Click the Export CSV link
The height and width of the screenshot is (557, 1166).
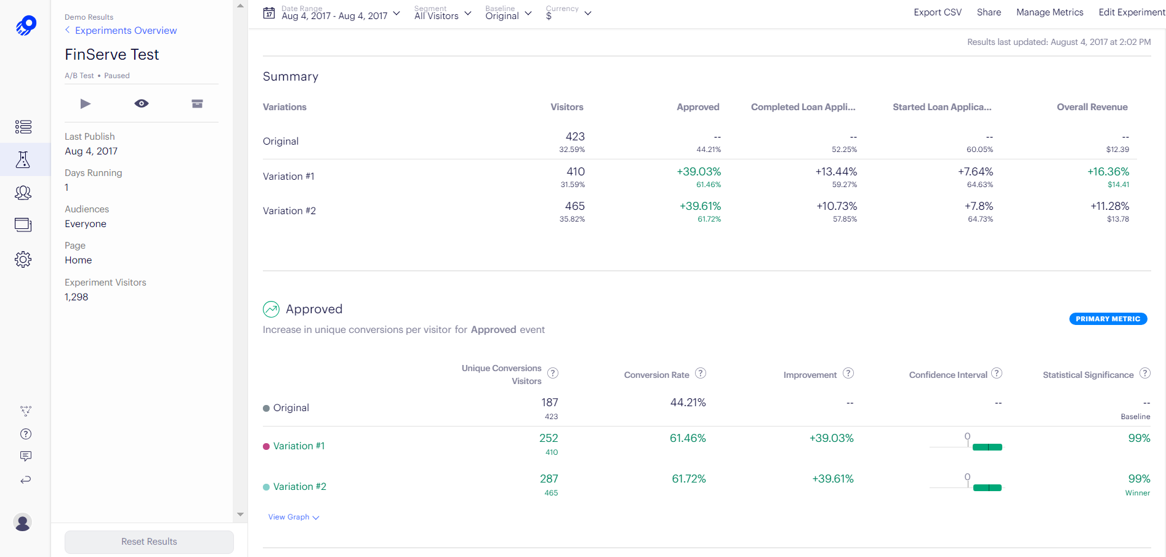pos(937,12)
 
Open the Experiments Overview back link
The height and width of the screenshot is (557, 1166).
pos(126,31)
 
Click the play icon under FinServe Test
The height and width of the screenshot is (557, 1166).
pos(86,103)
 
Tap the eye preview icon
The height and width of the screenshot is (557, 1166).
pos(142,103)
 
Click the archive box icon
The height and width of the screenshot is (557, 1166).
pos(197,103)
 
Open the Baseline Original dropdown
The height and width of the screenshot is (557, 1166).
pos(508,14)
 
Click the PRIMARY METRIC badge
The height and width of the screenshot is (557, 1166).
pos(1108,319)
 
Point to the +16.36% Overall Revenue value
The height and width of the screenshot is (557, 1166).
pos(1108,172)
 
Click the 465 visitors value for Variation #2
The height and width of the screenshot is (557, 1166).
pos(574,206)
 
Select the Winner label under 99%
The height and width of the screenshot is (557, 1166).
pos(1137,493)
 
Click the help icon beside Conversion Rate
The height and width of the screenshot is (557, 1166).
pos(701,373)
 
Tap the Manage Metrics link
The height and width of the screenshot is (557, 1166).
pos(1049,12)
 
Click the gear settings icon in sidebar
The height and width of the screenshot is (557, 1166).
pos(23,259)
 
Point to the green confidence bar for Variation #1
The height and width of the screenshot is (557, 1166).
pos(987,447)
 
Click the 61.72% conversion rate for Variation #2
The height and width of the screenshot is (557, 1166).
pos(688,479)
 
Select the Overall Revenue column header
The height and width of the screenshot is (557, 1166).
pos(1092,107)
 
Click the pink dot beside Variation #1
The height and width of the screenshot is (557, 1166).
pos(267,447)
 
